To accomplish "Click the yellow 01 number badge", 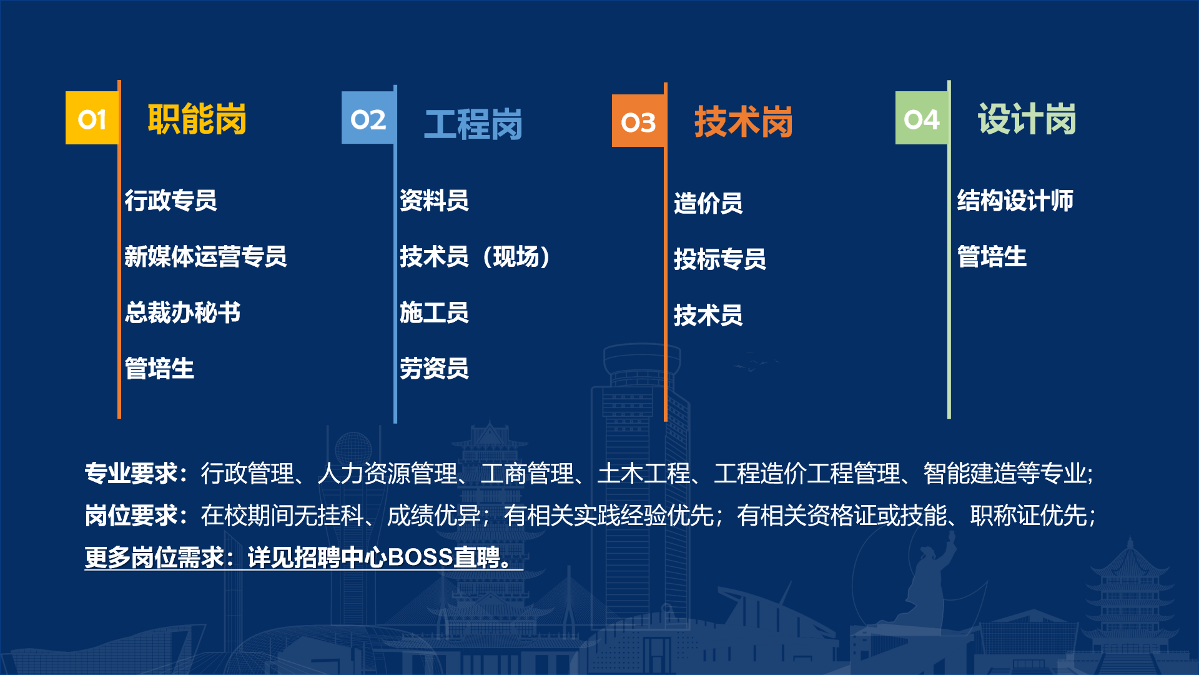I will (92, 118).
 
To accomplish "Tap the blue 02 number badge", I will (368, 118).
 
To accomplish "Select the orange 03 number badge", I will (638, 121).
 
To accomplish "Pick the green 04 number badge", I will (921, 118).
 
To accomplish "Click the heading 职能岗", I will (197, 119).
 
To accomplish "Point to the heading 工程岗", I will (473, 124).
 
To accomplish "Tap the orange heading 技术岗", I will (743, 121).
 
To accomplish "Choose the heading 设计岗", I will (1027, 119).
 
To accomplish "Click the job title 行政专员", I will (170, 201).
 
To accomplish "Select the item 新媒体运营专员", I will (205, 256).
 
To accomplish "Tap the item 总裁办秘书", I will (182, 312).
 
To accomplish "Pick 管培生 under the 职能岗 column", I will (159, 368).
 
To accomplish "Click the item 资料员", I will (434, 201).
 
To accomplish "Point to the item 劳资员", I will (434, 368).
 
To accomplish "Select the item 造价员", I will (708, 203).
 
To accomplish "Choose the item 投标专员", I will (719, 259).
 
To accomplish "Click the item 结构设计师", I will (1015, 201).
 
